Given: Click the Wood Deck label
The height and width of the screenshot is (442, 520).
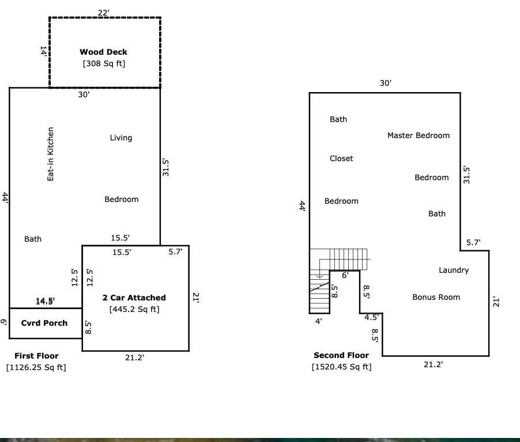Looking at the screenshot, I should (x=103, y=52).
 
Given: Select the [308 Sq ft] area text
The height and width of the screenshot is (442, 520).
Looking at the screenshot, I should (x=104, y=63).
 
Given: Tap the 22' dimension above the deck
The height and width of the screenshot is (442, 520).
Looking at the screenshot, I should (x=103, y=12).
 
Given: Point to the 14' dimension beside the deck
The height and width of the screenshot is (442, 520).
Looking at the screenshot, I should (x=43, y=51).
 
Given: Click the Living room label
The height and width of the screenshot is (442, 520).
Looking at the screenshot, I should (x=121, y=138).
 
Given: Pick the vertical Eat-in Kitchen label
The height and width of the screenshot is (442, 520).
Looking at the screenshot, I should (x=51, y=154).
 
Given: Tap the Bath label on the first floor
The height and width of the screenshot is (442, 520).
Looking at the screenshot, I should (x=33, y=239).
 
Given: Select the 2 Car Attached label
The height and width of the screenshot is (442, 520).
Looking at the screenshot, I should (x=134, y=298).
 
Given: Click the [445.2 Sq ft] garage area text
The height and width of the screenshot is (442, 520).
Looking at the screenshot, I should (x=134, y=309).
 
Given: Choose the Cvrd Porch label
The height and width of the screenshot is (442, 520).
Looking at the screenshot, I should (x=44, y=323).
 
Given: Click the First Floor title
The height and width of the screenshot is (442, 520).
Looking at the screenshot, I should (x=36, y=356).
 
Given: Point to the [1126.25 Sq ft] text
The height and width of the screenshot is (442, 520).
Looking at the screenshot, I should (x=36, y=367).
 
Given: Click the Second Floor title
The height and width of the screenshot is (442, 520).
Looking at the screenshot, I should (x=341, y=355).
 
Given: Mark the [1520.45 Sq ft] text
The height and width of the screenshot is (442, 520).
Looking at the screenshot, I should (x=342, y=367).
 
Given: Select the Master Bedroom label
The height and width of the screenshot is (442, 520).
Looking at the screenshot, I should (x=419, y=135).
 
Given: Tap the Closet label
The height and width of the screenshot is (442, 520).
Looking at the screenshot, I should (x=341, y=158).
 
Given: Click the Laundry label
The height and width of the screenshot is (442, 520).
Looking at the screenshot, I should (x=454, y=270).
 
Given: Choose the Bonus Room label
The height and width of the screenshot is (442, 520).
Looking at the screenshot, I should (x=436, y=297).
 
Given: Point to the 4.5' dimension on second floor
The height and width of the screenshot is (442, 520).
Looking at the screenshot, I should (x=371, y=317).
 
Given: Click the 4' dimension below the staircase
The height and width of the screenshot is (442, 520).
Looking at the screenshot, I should (x=318, y=321).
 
